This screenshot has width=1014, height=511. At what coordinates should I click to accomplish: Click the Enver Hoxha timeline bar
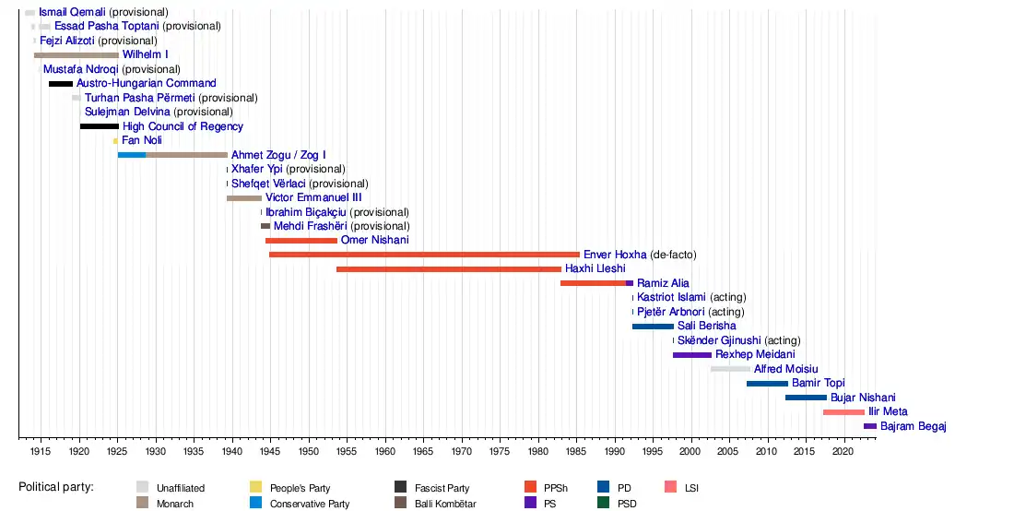click(x=424, y=255)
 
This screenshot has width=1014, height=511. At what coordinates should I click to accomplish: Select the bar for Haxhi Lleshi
click(x=448, y=269)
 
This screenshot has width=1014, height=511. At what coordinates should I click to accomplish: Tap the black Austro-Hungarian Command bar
click(x=61, y=84)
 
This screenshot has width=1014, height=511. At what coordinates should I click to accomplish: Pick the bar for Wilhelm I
click(x=76, y=55)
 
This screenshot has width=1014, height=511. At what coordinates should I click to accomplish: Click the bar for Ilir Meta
click(x=843, y=412)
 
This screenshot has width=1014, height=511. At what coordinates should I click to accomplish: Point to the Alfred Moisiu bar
click(x=730, y=369)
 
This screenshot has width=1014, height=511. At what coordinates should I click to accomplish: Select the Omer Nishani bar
click(x=301, y=241)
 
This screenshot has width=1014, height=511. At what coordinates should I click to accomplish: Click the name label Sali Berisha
click(x=706, y=326)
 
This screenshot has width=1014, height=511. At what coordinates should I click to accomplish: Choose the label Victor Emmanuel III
click(x=313, y=197)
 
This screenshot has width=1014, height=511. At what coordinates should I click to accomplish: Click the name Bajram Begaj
click(x=914, y=426)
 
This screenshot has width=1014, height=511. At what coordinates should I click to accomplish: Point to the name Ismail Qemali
click(x=72, y=12)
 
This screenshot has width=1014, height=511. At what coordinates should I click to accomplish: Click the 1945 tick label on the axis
click(x=270, y=452)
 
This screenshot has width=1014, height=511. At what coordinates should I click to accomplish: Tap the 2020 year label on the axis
click(x=842, y=452)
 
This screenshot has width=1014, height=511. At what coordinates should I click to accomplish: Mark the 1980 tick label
click(x=536, y=452)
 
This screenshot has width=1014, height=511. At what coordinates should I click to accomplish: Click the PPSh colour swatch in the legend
click(x=530, y=487)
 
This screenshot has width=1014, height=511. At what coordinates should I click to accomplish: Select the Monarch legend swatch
click(x=142, y=503)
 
